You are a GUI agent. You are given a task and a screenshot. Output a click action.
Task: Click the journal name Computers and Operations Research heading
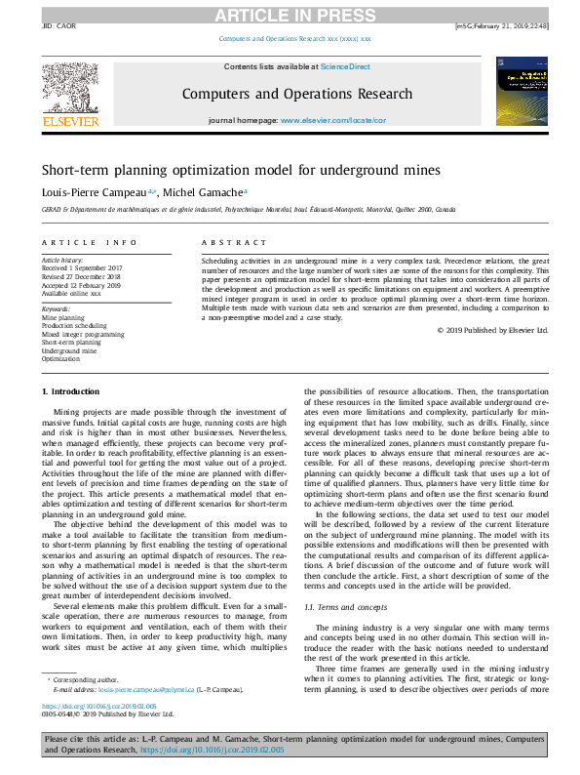[297, 94]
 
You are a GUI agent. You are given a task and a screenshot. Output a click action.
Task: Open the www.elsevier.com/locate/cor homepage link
[333, 120]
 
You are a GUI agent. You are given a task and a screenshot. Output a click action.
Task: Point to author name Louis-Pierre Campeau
[90, 192]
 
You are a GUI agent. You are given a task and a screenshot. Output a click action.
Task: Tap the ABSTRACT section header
[227, 241]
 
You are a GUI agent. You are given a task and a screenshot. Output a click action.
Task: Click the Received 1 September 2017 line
[84, 267]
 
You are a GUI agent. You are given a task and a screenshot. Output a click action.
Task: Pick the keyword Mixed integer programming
[83, 334]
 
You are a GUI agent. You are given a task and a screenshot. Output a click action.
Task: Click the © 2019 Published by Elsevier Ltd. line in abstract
[493, 331]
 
